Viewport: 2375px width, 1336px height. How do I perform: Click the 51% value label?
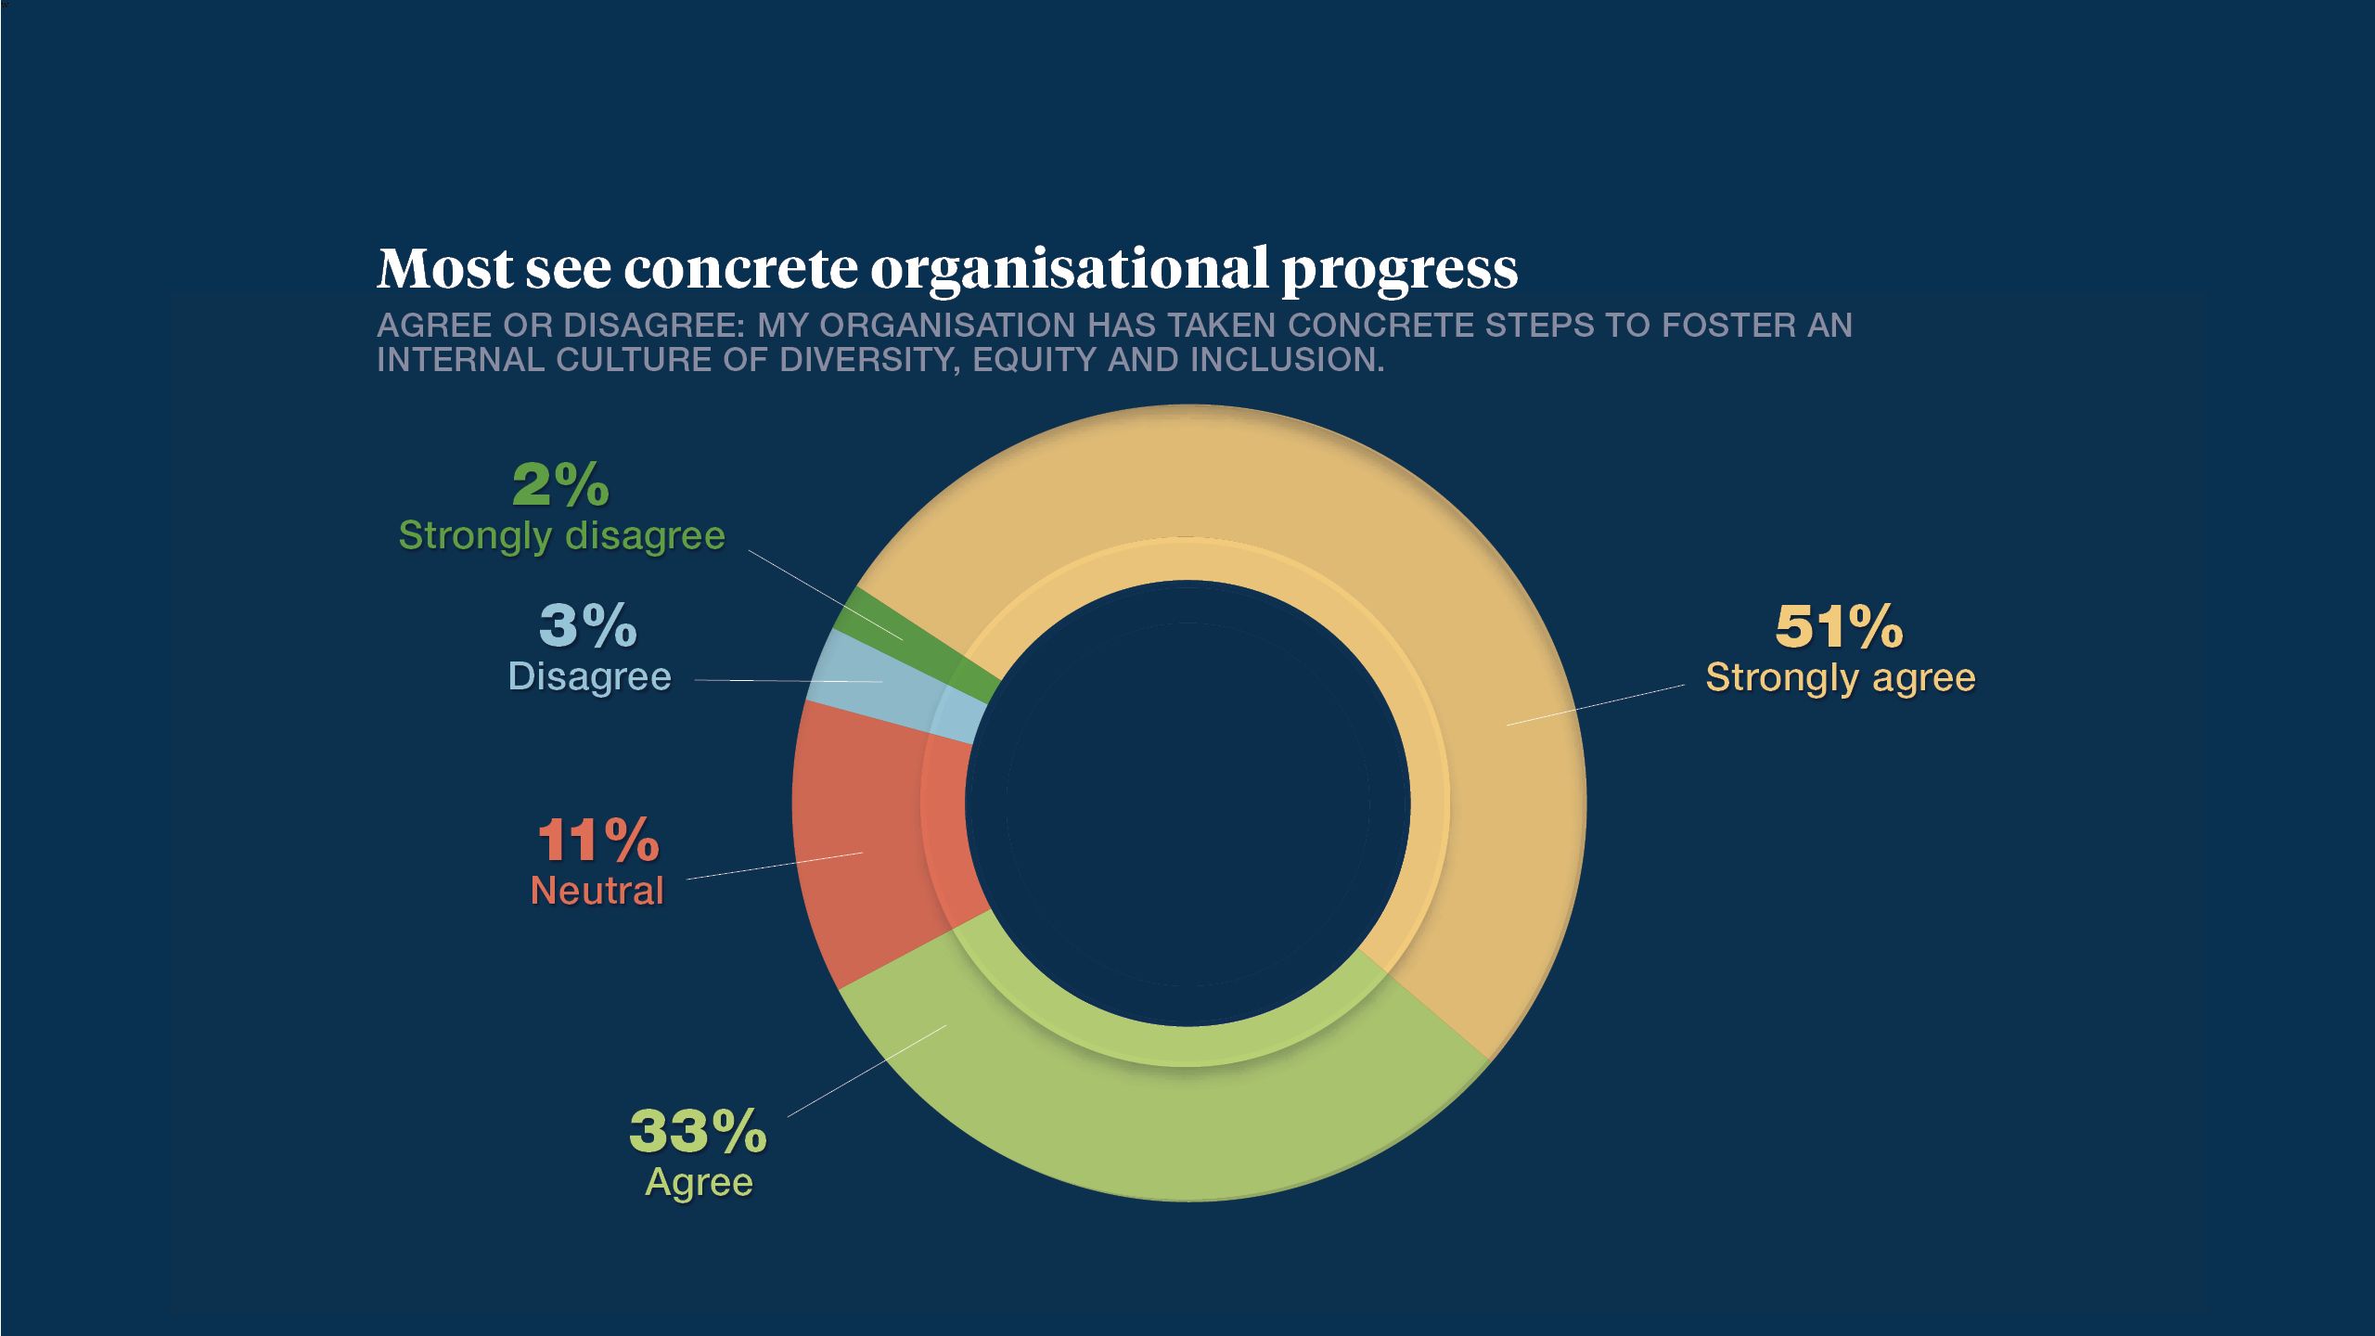[x=1839, y=627]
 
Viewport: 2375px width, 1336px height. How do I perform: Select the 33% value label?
[x=698, y=1132]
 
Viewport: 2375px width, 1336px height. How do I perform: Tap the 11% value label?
[x=598, y=841]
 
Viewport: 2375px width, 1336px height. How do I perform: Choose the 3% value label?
[x=588, y=626]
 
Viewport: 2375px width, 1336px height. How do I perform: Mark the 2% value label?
[x=560, y=485]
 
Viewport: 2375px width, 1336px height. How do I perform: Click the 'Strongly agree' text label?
[x=1841, y=678]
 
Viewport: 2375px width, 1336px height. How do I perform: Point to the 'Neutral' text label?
[x=597, y=891]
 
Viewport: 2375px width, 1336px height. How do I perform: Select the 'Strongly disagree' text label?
[x=561, y=536]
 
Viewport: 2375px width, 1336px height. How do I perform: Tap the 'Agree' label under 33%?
[x=699, y=1182]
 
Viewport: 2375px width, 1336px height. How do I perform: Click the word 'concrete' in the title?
[x=740, y=269]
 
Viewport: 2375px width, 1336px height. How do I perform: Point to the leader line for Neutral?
[x=775, y=865]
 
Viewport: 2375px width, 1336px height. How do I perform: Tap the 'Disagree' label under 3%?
[x=589, y=677]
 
